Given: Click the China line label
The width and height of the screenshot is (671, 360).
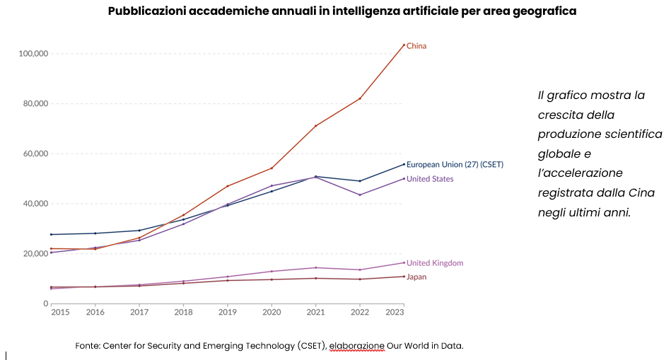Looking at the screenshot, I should (416, 46).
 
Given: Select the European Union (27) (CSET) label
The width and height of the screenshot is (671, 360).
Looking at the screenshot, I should (455, 164).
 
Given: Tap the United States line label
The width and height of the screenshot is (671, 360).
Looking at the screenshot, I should (430, 179).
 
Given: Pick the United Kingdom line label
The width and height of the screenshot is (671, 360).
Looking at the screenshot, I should (435, 263).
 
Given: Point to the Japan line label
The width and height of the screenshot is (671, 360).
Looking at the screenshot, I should (416, 277).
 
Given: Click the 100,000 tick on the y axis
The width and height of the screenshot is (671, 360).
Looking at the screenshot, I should (33, 54).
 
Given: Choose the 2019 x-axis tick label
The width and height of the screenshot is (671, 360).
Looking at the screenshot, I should (228, 312).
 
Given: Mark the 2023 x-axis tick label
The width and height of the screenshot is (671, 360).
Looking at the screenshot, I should (395, 312).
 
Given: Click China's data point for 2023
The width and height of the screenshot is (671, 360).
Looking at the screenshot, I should (404, 45).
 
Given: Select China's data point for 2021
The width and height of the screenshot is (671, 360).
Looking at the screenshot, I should (315, 126).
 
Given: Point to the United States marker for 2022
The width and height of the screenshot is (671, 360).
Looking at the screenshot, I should (360, 195).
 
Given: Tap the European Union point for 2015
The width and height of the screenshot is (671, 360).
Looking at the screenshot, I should (52, 234).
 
